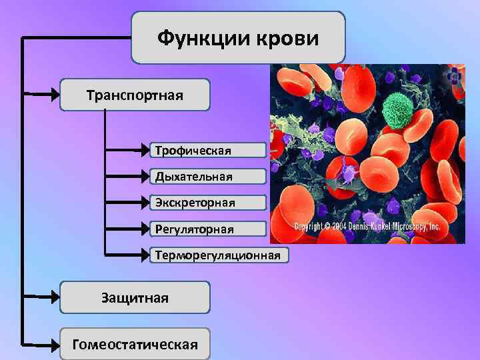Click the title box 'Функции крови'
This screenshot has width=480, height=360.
tap(238, 37)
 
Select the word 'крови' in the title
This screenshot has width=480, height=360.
tap(289, 38)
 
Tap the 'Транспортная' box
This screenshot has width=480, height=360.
tap(135, 95)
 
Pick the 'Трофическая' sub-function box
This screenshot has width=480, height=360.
tap(207, 150)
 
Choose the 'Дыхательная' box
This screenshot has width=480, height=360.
tap(207, 177)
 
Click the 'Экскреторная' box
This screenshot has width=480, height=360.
tap(207, 203)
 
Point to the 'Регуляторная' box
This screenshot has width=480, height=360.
tap(207, 229)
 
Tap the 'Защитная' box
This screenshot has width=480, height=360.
tap(135, 297)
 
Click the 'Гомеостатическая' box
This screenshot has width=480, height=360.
tap(135, 345)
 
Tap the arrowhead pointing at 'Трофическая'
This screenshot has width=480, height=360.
tap(144, 150)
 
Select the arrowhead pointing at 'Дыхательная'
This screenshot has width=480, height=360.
tap(144, 177)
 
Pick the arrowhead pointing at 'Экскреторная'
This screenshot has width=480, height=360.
tap(144, 203)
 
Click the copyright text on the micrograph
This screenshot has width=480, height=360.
tap(367, 227)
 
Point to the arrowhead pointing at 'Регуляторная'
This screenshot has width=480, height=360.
tap(144, 229)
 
